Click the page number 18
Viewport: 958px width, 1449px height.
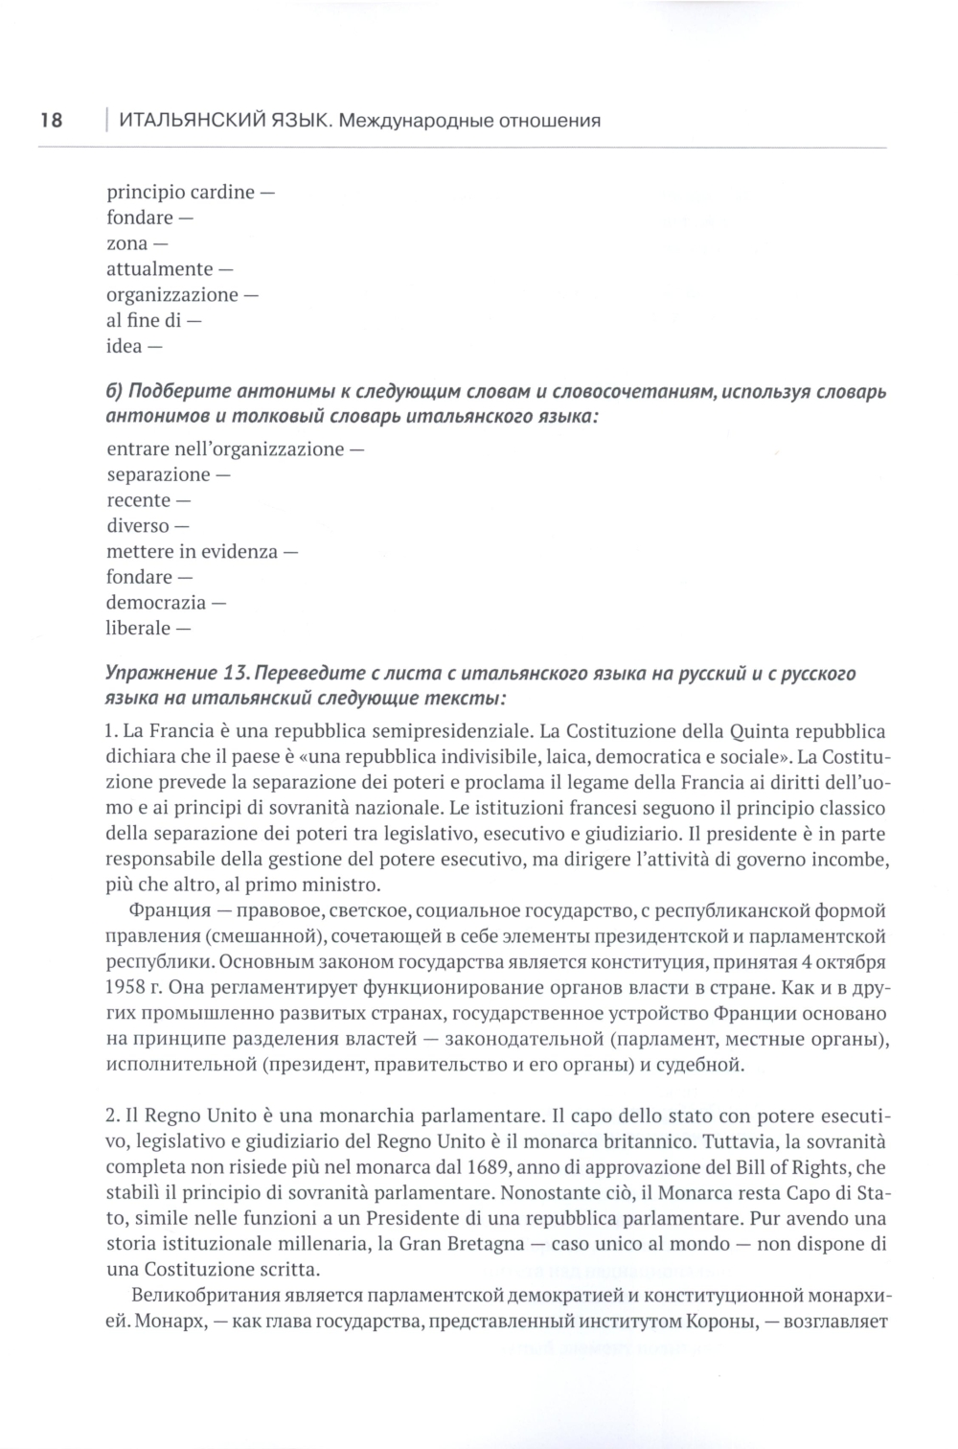[51, 121]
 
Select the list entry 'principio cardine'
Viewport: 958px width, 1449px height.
[181, 192]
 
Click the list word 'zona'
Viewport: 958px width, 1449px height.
[127, 243]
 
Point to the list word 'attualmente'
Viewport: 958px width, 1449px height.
[159, 269]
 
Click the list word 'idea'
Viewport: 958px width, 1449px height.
[124, 346]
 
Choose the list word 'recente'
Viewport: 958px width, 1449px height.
[138, 500]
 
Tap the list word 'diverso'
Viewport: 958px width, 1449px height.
[137, 526]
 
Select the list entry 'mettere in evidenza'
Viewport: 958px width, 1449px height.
[192, 552]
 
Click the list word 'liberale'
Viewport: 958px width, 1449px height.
[139, 629]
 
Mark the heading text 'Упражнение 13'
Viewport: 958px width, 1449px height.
[174, 674]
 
